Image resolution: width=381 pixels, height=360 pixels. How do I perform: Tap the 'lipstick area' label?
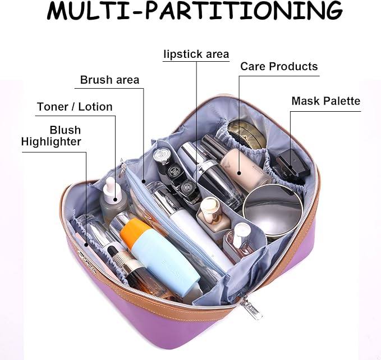[196, 54]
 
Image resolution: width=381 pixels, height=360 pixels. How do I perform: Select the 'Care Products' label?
[279, 67]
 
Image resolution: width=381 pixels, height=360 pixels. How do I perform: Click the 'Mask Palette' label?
[325, 101]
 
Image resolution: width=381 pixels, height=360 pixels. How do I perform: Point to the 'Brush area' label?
[109, 80]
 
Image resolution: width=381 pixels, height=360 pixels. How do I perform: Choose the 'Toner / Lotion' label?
[75, 107]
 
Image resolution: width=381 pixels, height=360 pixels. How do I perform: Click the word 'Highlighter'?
[51, 142]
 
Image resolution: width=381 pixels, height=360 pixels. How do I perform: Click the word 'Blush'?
[65, 130]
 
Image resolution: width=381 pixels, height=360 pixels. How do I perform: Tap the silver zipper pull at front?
[247, 308]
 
